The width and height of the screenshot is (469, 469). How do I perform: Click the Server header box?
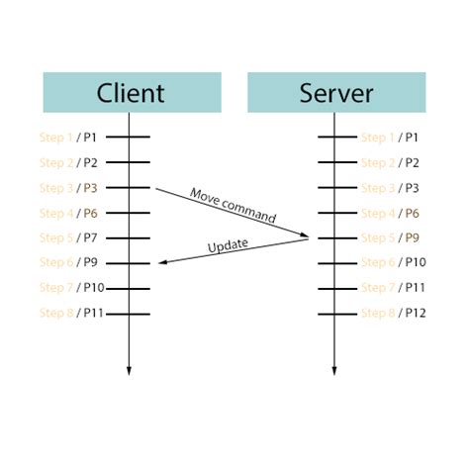(335, 93)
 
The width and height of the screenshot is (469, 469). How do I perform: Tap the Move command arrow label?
(233, 205)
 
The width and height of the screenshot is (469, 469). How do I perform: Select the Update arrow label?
(228, 245)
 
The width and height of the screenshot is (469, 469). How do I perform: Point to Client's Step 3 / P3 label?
(68, 188)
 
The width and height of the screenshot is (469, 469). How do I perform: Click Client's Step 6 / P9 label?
(68, 262)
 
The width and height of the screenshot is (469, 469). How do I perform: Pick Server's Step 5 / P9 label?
(390, 237)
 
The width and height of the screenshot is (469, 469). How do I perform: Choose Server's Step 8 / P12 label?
(393, 313)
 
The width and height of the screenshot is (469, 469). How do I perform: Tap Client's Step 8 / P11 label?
(71, 313)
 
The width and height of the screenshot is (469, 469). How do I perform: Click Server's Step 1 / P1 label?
(390, 138)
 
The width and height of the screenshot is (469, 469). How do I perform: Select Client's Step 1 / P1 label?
(68, 138)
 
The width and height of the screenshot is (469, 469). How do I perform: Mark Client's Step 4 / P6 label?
(68, 213)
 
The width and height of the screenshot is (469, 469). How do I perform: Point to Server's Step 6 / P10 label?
(393, 262)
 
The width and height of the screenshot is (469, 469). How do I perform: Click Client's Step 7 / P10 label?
(71, 288)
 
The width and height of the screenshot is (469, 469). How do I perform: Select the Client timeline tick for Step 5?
(129, 237)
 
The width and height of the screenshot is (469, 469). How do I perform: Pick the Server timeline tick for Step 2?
(333, 162)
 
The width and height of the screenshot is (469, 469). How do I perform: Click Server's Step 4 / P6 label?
(390, 213)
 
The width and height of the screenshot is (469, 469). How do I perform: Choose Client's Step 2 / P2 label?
(68, 162)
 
